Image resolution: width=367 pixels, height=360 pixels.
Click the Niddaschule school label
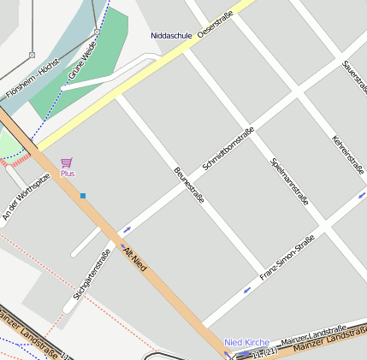point(171,36)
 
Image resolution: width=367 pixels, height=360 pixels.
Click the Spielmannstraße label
point(289,181)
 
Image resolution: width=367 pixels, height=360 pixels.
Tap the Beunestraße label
point(189,186)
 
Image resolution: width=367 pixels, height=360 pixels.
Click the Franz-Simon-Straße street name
point(287,258)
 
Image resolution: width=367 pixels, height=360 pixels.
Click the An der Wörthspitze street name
point(26,196)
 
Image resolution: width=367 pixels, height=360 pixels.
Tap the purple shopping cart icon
point(67,162)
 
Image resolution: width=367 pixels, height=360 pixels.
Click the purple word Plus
point(68,174)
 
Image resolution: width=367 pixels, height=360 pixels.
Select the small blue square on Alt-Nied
point(83,196)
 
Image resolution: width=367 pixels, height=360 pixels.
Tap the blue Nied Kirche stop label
point(246,342)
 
